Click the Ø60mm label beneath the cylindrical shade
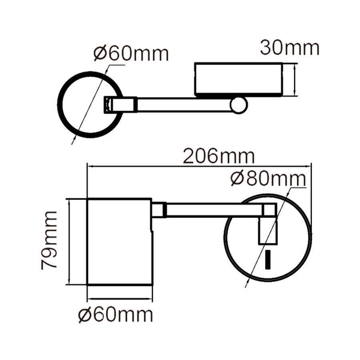tap(115, 314)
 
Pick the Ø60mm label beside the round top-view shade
tap(131, 53)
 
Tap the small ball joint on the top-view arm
tap(240, 106)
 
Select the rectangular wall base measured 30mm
tap(238, 80)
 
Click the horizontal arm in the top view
tap(183, 105)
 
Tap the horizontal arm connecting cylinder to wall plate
tap(213, 210)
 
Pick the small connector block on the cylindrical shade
tap(158, 210)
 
